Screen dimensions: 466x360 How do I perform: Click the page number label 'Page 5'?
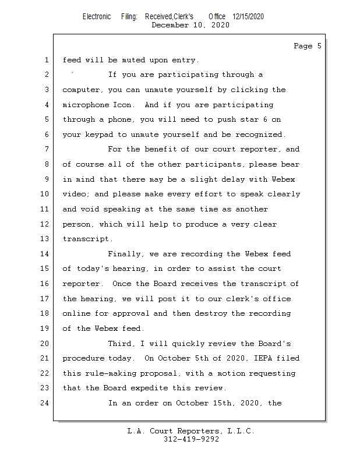tap(307, 46)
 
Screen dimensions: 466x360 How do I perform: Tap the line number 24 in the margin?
tap(46, 403)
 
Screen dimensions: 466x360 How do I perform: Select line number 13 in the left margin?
tap(46, 239)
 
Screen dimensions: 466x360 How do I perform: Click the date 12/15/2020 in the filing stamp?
tap(248, 17)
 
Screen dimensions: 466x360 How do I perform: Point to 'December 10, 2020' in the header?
tap(190, 25)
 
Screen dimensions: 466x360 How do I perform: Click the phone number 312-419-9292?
tap(191, 439)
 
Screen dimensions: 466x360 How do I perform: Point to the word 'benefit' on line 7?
tap(160, 150)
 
